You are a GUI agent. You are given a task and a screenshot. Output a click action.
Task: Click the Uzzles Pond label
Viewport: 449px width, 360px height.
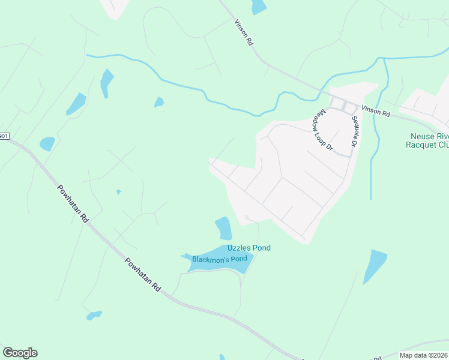coord(249,248)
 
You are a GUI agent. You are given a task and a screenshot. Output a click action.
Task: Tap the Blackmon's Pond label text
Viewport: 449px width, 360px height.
coord(220,259)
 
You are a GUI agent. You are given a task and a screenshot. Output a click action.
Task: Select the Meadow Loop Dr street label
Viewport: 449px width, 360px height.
coord(322,130)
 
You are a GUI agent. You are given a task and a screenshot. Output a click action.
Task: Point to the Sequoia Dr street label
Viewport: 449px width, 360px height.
coord(355,131)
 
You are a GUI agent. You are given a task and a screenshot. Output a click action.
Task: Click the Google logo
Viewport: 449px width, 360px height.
coord(20,353)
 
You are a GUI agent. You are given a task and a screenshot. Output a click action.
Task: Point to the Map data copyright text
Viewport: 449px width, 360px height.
coord(424,355)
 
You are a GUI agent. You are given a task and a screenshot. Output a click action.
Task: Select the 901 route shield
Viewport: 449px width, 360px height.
coord(4,136)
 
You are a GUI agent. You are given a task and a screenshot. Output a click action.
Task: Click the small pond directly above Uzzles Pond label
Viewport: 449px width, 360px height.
coord(223,228)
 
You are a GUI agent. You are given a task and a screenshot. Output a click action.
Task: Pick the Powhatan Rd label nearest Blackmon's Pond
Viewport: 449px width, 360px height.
coord(142,275)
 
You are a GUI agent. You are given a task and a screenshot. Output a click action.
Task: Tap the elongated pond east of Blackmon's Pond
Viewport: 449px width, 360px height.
coord(375,266)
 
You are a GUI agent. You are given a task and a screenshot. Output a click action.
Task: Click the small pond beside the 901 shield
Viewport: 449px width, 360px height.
coord(47,144)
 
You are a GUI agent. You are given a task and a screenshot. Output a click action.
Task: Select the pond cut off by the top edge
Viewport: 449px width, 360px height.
coord(259,7)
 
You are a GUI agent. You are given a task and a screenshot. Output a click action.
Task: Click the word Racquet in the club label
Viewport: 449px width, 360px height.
coord(423,145)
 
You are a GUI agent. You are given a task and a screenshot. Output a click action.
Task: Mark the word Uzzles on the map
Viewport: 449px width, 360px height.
coord(239,248)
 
